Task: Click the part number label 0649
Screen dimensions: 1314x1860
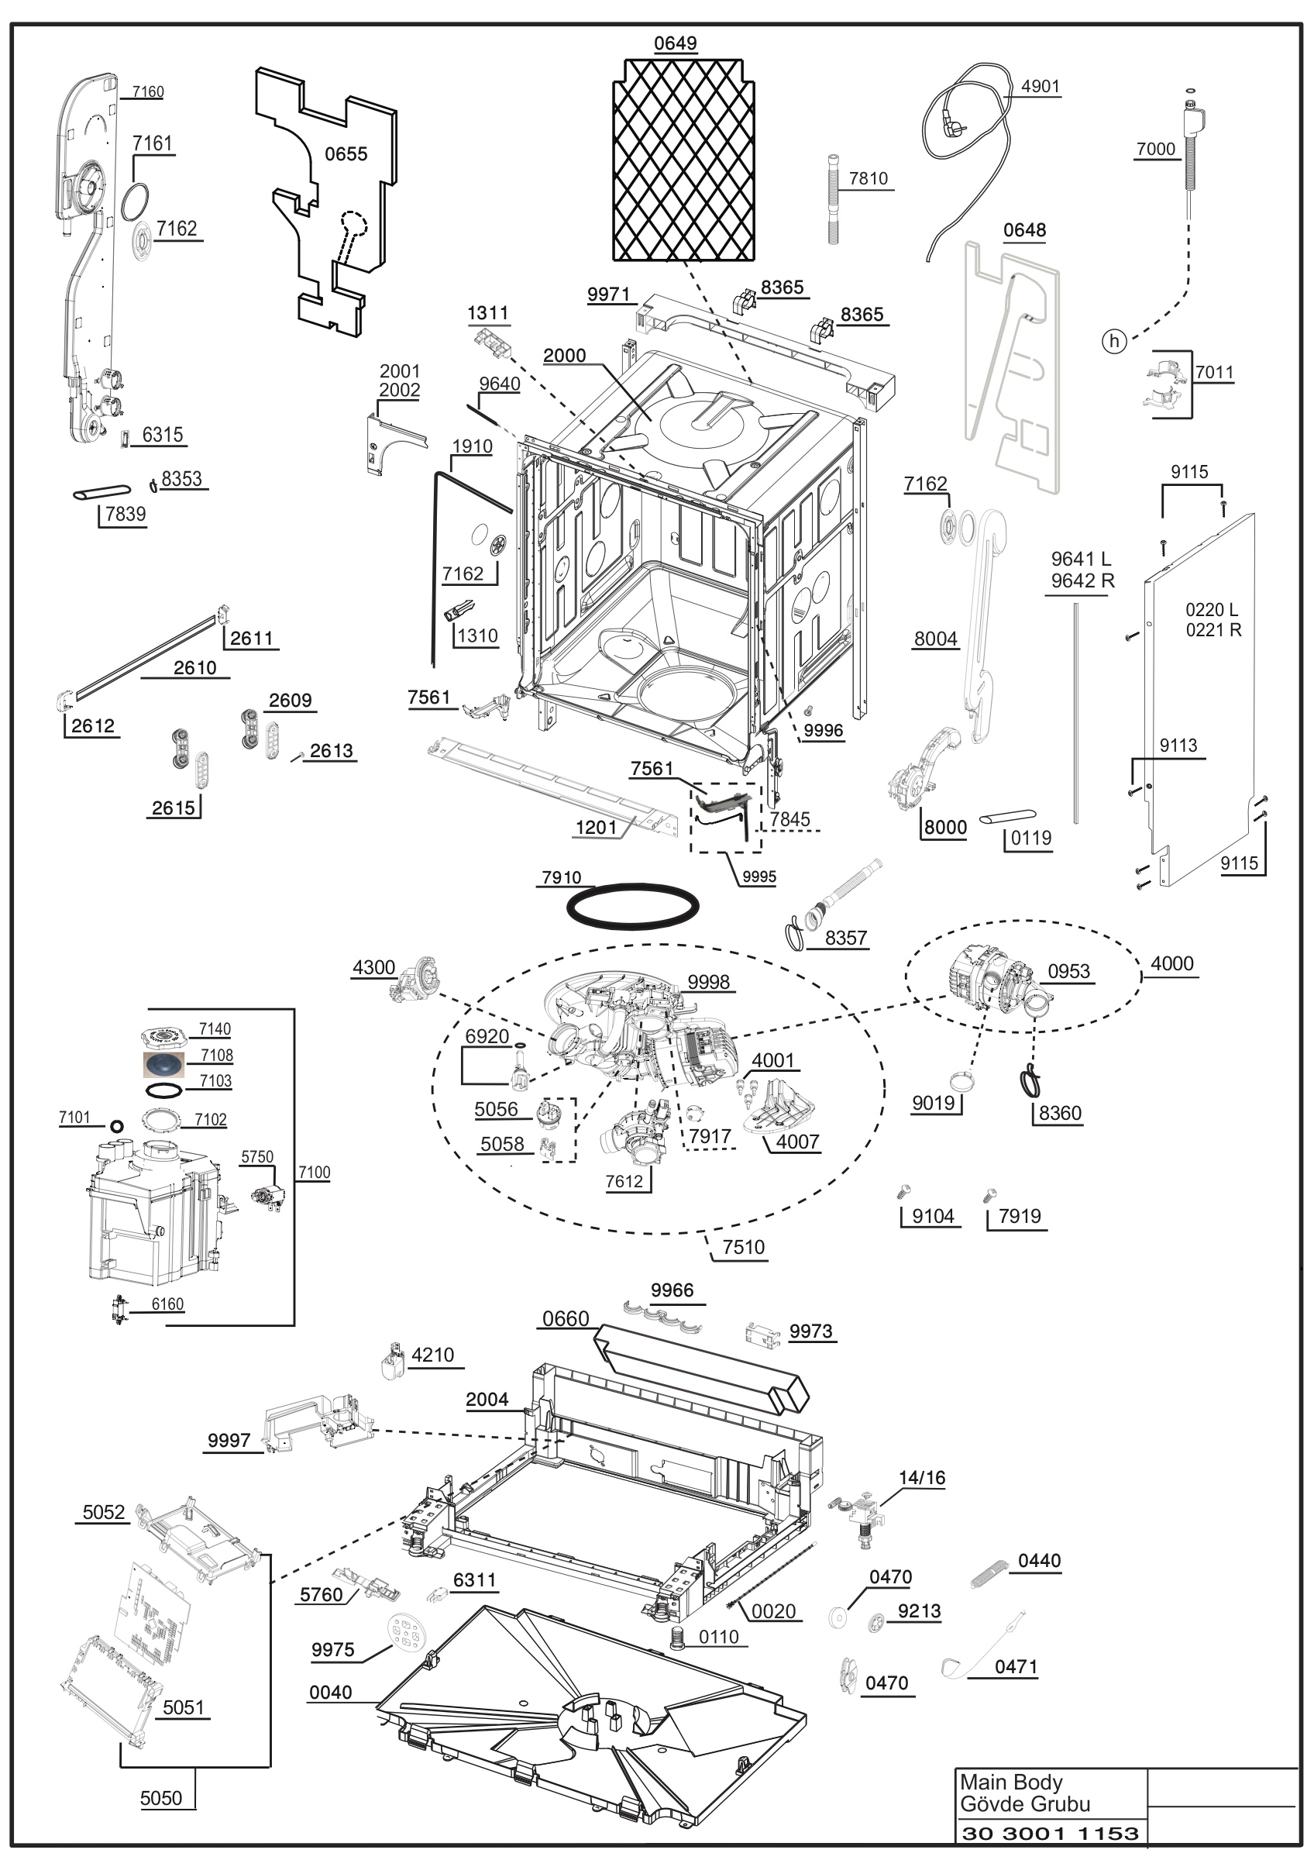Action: tap(676, 43)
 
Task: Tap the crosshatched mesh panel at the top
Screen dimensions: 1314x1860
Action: tap(683, 160)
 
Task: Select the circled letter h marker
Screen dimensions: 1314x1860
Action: tap(1114, 341)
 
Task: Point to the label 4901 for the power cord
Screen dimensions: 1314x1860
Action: tap(1041, 87)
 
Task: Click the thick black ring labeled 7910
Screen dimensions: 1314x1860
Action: tap(632, 906)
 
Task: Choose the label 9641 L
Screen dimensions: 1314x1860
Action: tap(1081, 559)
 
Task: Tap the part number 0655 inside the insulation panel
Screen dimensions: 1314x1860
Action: tap(346, 154)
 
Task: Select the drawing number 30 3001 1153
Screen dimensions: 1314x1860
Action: tap(1050, 1834)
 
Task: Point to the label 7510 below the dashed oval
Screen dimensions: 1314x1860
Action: tap(743, 1247)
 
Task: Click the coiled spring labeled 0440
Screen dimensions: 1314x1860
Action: tap(989, 1573)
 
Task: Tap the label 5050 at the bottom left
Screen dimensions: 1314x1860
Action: tap(161, 1799)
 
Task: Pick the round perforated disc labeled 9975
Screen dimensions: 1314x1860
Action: tap(403, 1629)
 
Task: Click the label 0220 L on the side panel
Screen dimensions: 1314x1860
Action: tap(1211, 610)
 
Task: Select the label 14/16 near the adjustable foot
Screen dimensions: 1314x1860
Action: tap(922, 1478)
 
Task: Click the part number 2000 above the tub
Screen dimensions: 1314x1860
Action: tap(564, 356)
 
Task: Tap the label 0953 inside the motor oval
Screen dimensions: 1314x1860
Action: tap(1068, 971)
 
